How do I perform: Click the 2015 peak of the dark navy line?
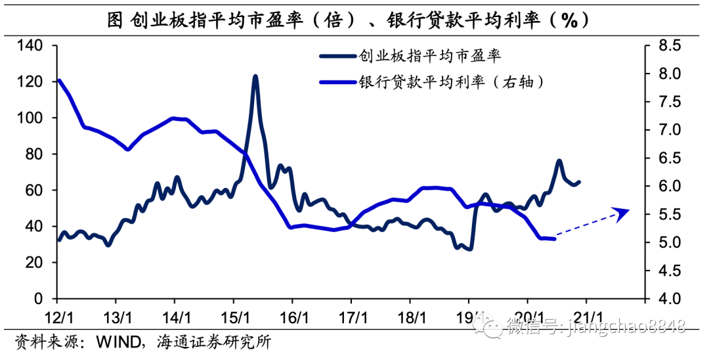click(255, 77)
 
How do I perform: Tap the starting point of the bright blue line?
click(59, 81)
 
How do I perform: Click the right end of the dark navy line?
click(578, 182)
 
